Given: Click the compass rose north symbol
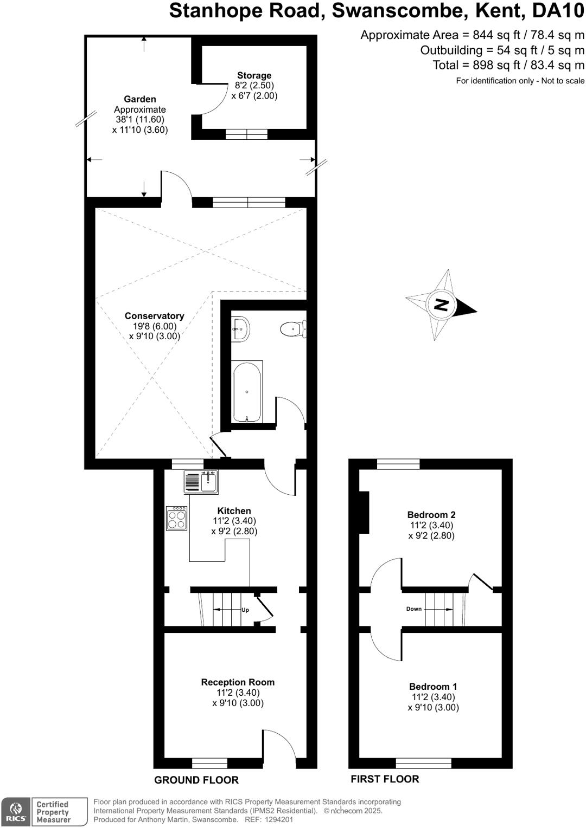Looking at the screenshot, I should click(x=442, y=305).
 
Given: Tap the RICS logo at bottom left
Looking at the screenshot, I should click(x=16, y=811).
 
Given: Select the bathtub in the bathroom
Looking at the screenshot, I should click(x=247, y=392).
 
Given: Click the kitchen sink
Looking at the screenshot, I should click(x=201, y=482).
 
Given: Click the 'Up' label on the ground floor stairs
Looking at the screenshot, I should click(x=245, y=610).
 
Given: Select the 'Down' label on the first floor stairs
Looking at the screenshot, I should click(x=413, y=609).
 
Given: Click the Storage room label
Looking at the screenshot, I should click(x=254, y=75).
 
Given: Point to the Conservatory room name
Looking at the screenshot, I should click(x=154, y=316).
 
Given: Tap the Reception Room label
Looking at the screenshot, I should click(x=238, y=682).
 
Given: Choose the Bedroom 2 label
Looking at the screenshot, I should click(x=431, y=515).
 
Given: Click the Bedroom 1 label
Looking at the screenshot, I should click(x=432, y=687).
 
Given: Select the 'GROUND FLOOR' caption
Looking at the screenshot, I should click(x=196, y=780).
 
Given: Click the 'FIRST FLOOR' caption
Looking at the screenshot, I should click(x=385, y=779).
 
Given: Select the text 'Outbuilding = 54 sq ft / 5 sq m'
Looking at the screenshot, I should click(x=502, y=50).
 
